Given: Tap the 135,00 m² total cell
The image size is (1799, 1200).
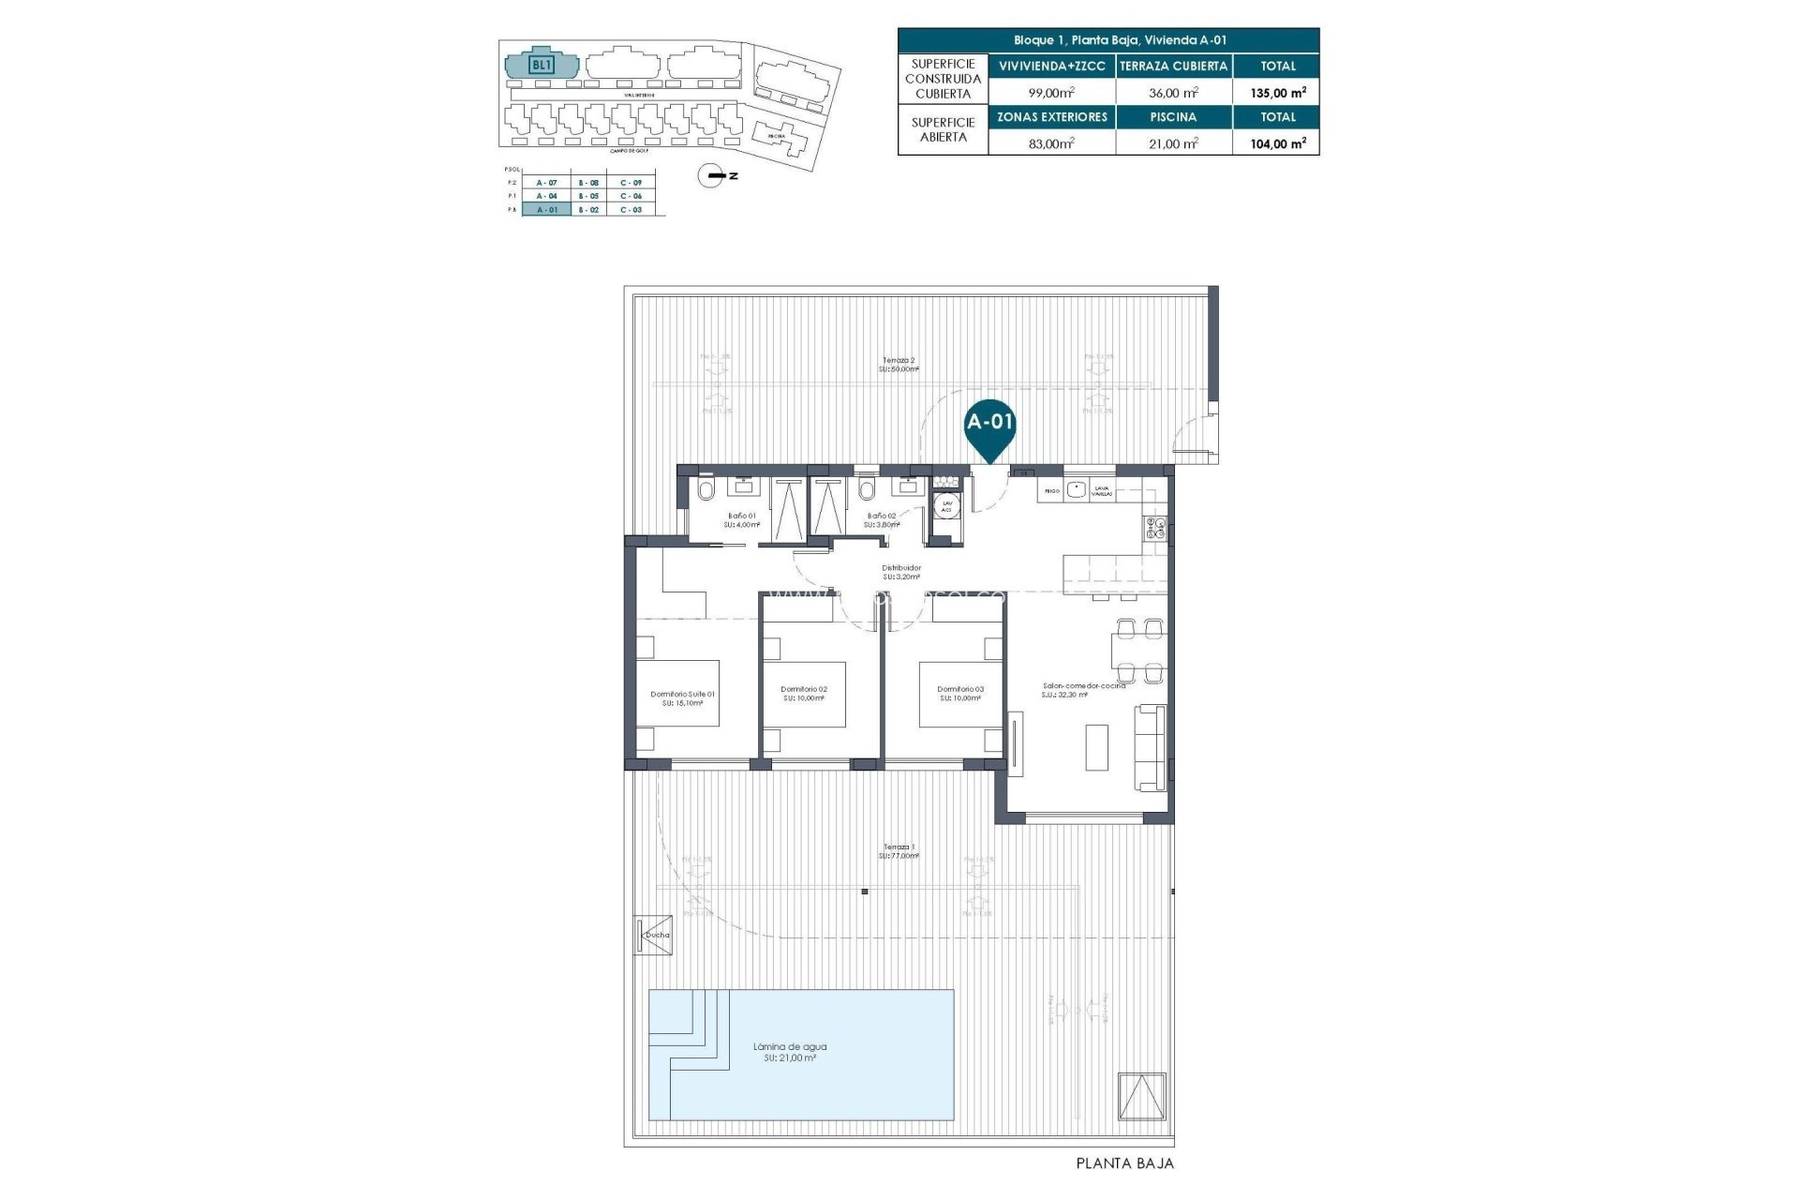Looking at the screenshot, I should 1278,92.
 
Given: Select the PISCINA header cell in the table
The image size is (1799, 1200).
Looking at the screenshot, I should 1173,117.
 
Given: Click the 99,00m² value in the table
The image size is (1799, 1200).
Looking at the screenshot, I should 1051,92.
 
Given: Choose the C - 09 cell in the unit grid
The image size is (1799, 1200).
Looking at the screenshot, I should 631,182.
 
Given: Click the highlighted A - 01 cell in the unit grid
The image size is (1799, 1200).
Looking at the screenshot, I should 546,210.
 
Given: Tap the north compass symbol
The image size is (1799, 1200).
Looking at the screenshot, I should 715,175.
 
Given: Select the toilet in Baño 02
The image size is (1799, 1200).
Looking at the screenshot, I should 866,489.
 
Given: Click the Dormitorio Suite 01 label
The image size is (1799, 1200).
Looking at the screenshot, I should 682,695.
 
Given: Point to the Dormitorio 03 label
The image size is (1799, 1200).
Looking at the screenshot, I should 960,690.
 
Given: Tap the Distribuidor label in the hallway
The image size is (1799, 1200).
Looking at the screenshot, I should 901,568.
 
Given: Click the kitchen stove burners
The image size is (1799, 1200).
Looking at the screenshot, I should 1153,529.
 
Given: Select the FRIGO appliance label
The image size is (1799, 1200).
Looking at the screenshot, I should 1051,490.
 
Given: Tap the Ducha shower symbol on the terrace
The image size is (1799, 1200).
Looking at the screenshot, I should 654,935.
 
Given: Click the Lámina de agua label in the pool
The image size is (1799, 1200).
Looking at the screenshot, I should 790,1047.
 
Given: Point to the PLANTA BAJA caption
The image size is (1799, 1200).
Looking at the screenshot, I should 1123,1163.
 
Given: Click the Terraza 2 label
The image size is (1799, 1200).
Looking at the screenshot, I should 899,360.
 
